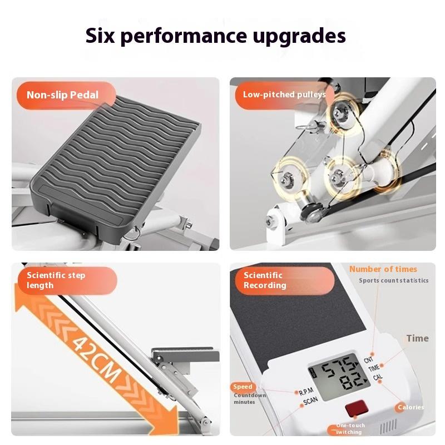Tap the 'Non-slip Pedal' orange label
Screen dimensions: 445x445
[62, 95]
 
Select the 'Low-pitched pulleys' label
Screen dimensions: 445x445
[284, 95]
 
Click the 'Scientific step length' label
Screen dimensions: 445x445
[56, 280]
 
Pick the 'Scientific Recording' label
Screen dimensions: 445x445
[265, 280]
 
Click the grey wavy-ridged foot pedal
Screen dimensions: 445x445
[106, 161]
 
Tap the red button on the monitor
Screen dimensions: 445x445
[355, 409]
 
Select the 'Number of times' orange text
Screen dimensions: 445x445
[383, 269]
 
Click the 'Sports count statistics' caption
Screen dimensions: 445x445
[393, 281]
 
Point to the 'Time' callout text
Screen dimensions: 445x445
[417, 338]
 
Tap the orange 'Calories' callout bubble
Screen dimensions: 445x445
[411, 407]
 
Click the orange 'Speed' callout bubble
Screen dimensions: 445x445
[243, 387]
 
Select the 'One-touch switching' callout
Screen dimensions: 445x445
[349, 429]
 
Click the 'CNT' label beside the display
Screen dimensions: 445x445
[368, 360]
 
